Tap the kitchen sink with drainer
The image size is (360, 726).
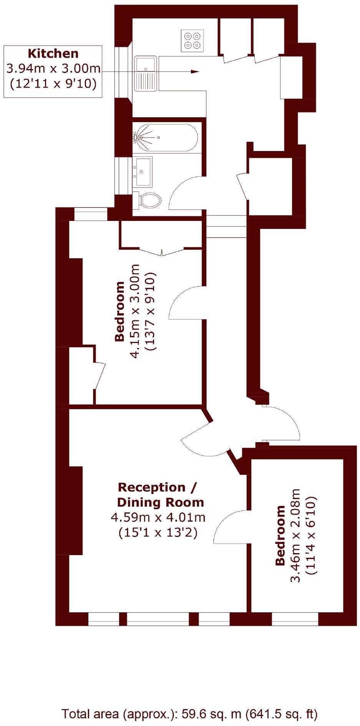tap(146, 73)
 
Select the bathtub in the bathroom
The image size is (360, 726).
tap(166, 138)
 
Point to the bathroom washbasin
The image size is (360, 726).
tap(143, 171)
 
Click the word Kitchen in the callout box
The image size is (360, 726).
tap(53, 53)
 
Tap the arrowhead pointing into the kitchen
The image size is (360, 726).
tap(195, 72)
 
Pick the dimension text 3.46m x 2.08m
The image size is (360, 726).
tap(295, 535)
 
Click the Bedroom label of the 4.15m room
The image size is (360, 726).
tap(120, 311)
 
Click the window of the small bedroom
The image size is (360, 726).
tap(295, 619)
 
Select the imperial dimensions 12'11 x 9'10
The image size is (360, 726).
tap(53, 83)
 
